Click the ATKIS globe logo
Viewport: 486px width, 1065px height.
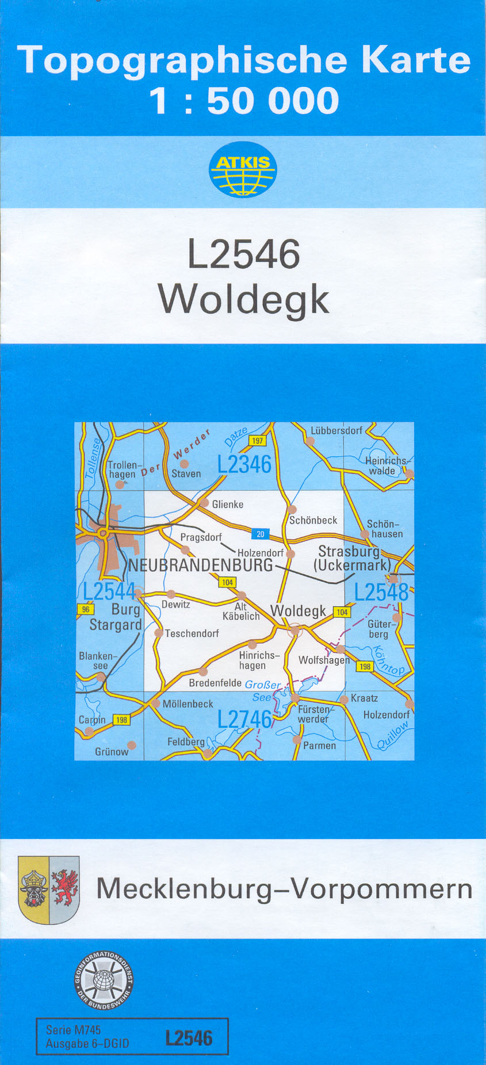coord(243,169)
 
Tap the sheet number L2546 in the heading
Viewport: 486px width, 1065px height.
coord(244,254)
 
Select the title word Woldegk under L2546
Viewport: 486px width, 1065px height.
coord(244,299)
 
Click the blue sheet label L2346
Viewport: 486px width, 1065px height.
coord(244,464)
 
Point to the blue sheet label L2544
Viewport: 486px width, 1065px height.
coord(109,591)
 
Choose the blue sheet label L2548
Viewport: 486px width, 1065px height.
coord(381,591)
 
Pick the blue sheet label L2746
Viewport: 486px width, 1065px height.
coord(244,719)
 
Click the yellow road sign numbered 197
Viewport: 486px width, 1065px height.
coord(257,441)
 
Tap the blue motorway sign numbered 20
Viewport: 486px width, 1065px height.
coord(260,534)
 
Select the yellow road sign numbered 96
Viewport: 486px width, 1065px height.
coord(85,609)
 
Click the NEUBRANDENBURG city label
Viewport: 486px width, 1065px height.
coord(200,565)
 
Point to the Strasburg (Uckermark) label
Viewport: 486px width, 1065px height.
coord(351,558)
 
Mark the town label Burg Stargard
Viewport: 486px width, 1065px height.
coord(116,617)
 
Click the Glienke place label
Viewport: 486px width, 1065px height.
coord(227,505)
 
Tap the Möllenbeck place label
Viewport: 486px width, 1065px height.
coord(187,704)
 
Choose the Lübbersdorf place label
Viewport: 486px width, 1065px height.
coord(336,430)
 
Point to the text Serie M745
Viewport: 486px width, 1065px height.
coord(73,1030)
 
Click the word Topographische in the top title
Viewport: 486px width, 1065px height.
coord(182,60)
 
